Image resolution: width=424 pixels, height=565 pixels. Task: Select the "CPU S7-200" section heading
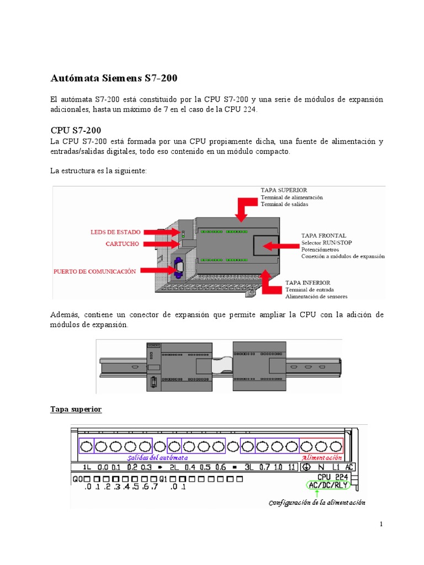coord(76,131)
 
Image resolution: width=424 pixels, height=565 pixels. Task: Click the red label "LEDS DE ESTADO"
coord(115,232)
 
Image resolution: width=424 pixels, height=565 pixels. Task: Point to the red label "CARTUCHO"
coord(123,243)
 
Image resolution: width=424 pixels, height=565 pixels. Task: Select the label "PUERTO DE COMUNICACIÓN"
coord(94,271)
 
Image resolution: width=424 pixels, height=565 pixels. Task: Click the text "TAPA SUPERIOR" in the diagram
coord(284,190)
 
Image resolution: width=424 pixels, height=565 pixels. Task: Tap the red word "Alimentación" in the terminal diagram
coord(322,457)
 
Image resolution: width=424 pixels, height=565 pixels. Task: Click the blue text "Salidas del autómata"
coord(157,457)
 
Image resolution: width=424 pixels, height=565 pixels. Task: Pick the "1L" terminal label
coord(87,467)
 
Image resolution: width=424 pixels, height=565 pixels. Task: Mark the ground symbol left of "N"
coord(306,467)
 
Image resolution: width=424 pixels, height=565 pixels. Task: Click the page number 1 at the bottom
coord(380,524)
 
